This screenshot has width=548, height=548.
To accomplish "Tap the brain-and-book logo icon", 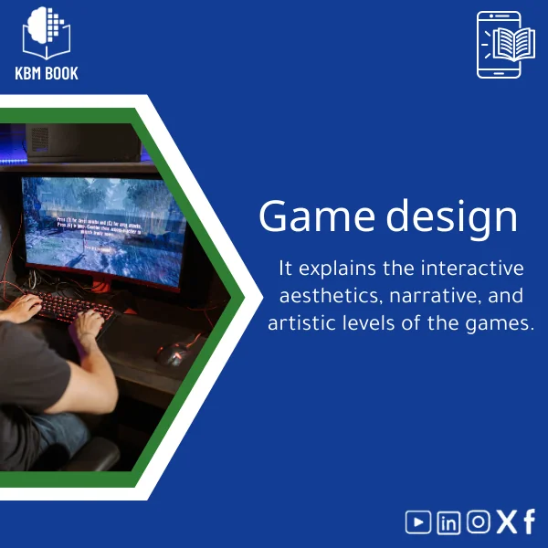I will (47, 33).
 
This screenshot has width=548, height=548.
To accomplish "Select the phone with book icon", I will (500, 45).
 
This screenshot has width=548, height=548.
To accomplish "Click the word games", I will (501, 323).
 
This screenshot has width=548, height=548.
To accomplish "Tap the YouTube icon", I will (418, 522).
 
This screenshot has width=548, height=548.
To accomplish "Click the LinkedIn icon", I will (448, 522).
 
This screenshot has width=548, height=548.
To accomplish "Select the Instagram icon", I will (478, 522).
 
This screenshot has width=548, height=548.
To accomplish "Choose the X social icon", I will (506, 522).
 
